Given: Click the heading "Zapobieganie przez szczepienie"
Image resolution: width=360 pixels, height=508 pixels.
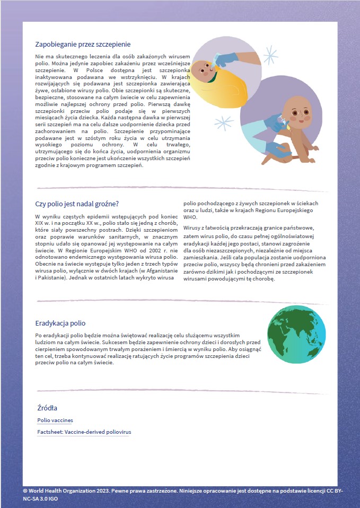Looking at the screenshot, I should click(x=83, y=45).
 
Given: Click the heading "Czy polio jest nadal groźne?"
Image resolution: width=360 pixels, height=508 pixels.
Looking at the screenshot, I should click(x=76, y=204).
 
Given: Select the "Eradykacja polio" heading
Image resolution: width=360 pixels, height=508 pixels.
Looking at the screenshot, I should click(x=60, y=323).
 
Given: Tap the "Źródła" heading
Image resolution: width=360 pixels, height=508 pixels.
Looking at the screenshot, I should click(x=47, y=408).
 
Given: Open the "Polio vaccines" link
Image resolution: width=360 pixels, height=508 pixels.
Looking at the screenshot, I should click(x=55, y=421).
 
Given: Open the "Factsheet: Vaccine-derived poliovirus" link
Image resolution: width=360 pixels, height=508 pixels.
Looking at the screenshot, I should click(x=84, y=432).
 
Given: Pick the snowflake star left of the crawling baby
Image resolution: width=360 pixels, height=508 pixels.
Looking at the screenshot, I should click(x=224, y=124).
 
